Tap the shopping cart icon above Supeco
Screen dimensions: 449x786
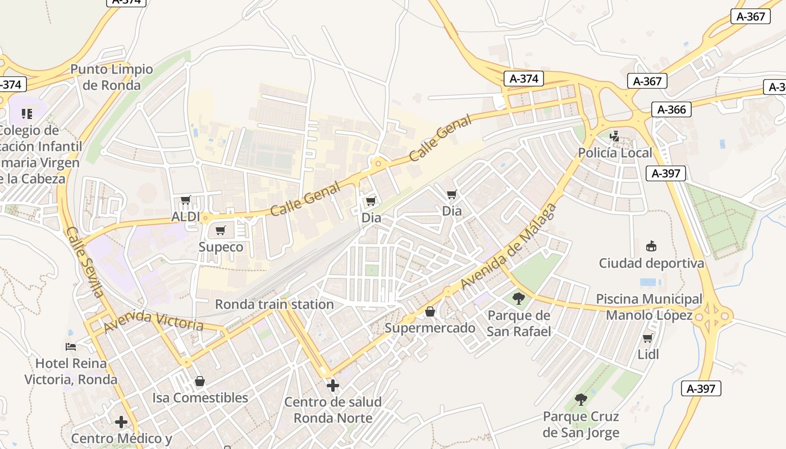[221, 230]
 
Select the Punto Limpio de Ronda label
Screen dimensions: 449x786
[112, 77]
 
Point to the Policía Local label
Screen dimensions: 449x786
[615, 153]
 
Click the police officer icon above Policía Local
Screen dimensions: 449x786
[615, 136]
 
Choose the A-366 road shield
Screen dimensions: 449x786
[671, 109]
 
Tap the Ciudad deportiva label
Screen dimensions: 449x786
[651, 263]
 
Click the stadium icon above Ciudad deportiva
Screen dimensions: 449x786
[651, 246]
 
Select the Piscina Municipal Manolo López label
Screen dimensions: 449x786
[649, 307]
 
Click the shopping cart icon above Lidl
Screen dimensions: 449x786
[648, 338]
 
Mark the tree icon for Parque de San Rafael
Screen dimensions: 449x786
[519, 298]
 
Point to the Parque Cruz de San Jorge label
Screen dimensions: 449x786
[581, 424]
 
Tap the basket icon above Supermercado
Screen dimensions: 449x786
[430, 311]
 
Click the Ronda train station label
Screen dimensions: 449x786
[275, 304]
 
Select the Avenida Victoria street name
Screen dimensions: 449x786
[154, 321]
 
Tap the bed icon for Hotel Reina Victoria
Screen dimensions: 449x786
[71, 346]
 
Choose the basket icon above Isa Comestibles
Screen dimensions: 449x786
[200, 382]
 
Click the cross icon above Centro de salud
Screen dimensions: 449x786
[333, 386]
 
